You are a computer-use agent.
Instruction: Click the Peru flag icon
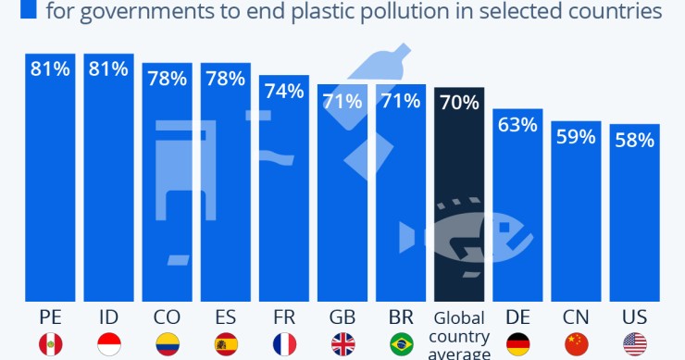point(50,345)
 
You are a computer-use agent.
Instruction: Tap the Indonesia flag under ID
point(108,345)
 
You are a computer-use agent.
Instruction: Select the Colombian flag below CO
point(167,345)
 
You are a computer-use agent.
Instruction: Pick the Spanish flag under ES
point(225,345)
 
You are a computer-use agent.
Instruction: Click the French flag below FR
point(284,345)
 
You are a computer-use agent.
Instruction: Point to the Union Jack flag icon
point(342,345)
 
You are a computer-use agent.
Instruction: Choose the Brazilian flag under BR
point(401,345)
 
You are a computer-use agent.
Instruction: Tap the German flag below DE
point(518,345)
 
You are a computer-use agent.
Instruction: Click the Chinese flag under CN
point(577,345)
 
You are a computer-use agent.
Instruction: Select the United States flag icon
point(635,345)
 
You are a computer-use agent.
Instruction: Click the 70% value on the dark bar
point(460,103)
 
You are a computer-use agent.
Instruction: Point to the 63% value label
point(518,125)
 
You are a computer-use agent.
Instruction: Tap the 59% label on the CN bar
point(577,137)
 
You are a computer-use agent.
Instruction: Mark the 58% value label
point(635,141)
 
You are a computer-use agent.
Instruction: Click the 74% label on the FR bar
point(284,91)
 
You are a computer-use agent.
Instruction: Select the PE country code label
point(50,316)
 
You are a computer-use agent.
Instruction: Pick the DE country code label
point(518,316)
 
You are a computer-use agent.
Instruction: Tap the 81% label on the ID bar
point(108,68)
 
